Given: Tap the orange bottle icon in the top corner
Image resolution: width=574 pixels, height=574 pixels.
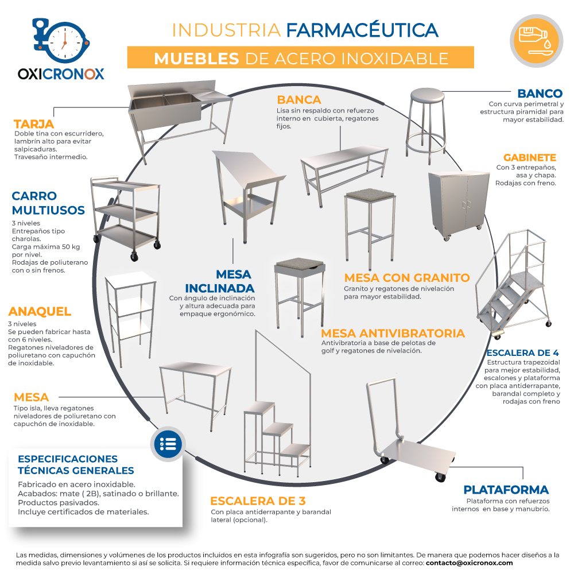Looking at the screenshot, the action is pos(536,41).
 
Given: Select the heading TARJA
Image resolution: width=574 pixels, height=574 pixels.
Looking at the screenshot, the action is pos(34,124).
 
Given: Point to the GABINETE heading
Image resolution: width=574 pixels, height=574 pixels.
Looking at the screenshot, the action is pos(529,157).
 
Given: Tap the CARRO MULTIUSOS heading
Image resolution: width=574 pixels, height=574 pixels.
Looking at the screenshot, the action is pos(48,203).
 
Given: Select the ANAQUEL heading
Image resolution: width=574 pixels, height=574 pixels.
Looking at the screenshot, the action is pos(40,312).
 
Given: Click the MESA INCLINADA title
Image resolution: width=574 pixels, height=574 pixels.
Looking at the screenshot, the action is pos(220,281).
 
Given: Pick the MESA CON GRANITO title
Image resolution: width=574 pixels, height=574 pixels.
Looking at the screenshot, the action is pos(407,277).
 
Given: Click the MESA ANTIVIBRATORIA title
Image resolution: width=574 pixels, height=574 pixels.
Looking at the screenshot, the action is pos(393,333).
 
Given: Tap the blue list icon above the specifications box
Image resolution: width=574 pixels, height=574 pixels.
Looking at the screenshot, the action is pos(168,444).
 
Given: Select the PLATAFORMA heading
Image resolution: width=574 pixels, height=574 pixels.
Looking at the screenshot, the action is pos(506,490).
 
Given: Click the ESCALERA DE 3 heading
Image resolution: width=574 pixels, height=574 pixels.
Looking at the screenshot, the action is pos(258,501).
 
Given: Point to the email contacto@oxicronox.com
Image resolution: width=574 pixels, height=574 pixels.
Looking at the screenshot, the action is pos(469,563).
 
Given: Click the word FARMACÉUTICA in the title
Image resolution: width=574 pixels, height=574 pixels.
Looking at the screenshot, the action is pos(362,30).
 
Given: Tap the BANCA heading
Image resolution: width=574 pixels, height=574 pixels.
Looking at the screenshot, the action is pos(298,99).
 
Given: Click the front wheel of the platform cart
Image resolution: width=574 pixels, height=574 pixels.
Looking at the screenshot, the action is pos(440,477).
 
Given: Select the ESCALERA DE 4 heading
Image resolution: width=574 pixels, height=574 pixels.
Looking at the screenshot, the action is pos(522,353).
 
